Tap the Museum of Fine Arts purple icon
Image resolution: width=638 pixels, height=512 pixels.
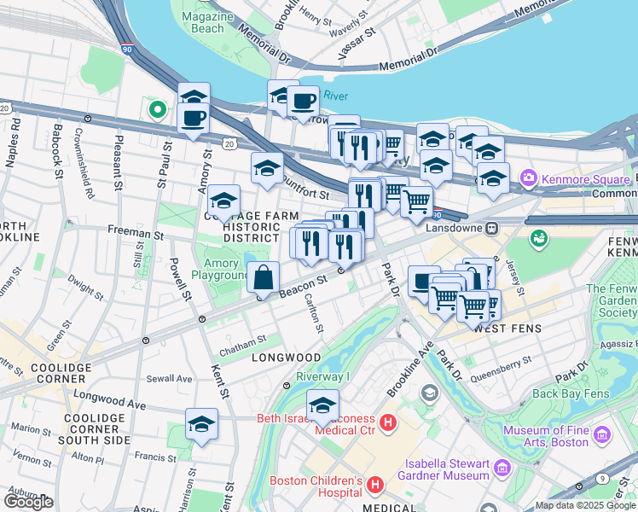coord(603,436)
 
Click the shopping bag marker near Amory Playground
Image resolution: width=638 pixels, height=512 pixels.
coord(264,277)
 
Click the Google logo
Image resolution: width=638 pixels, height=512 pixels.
coord(28,502)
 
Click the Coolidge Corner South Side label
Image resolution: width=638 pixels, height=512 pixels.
coord(96,428)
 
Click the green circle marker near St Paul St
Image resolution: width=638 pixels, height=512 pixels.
coord(157,109)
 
